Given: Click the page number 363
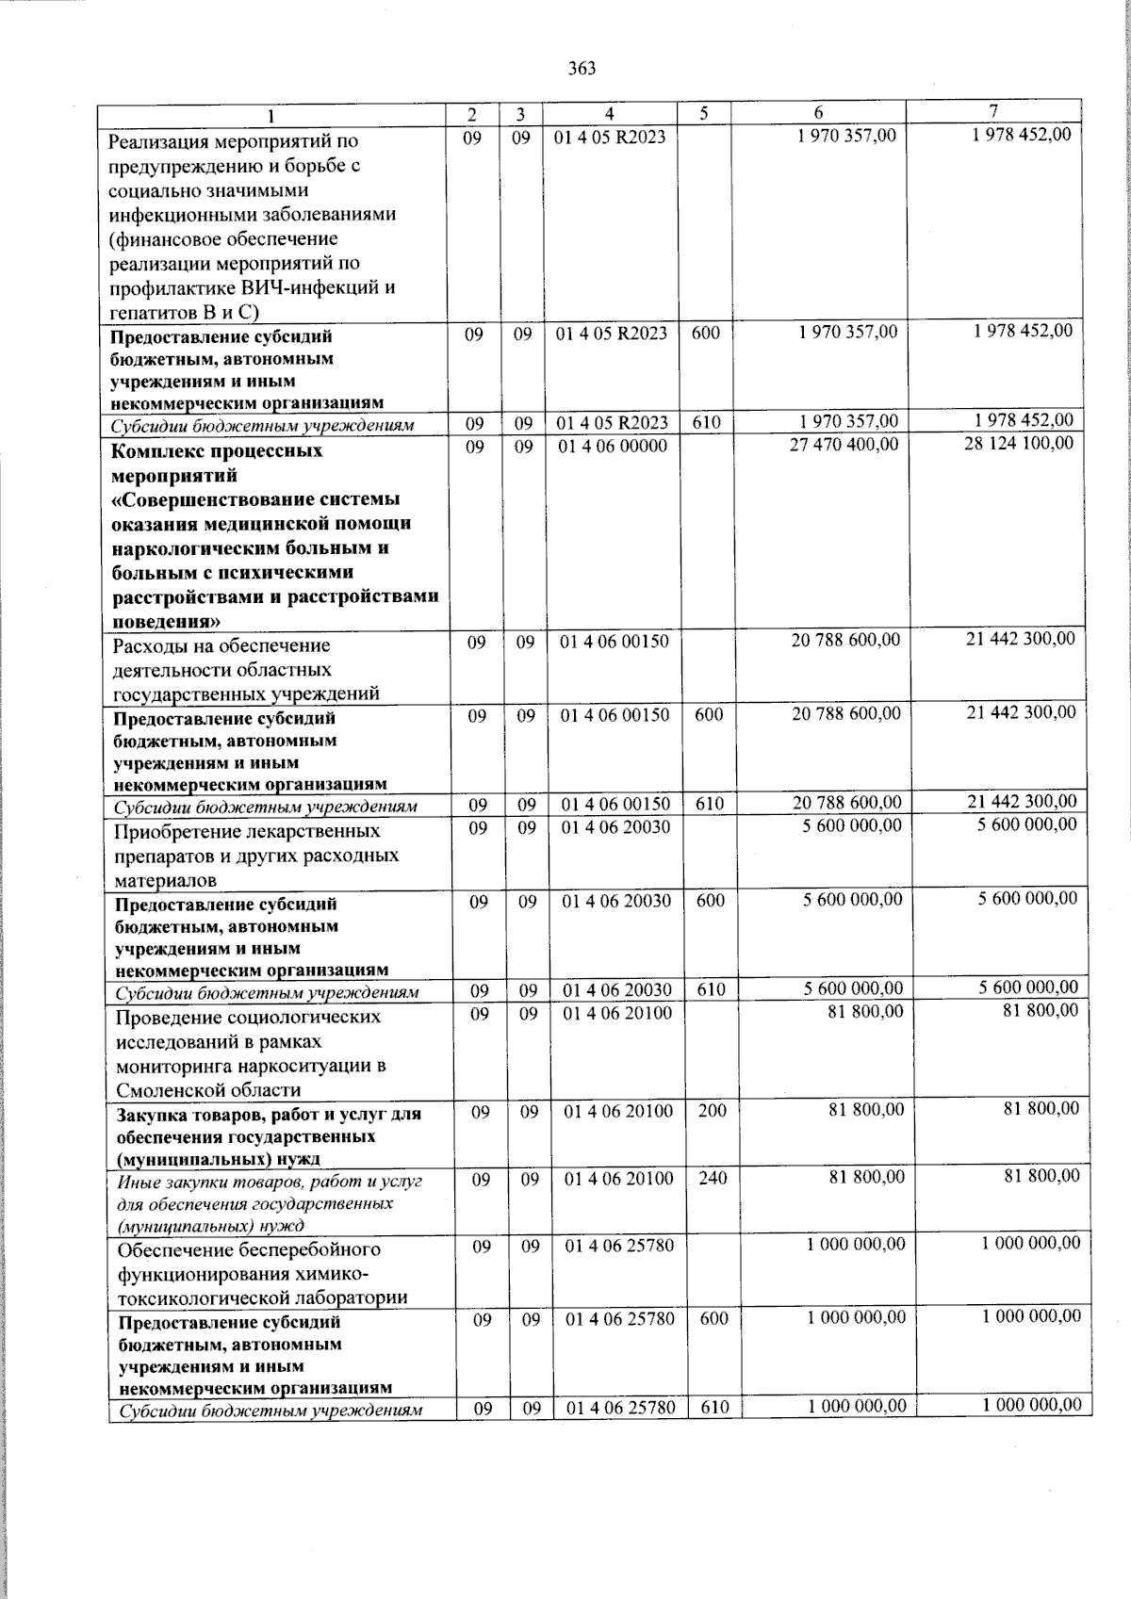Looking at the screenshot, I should click(582, 68).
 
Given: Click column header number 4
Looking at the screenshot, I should click(610, 114).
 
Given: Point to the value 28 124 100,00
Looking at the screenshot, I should click(1018, 442).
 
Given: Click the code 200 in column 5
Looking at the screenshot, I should click(712, 1111).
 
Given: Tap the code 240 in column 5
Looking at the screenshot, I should click(712, 1178).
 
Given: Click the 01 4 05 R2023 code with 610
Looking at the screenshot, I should click(612, 422).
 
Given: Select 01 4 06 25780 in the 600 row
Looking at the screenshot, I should click(620, 1319).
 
